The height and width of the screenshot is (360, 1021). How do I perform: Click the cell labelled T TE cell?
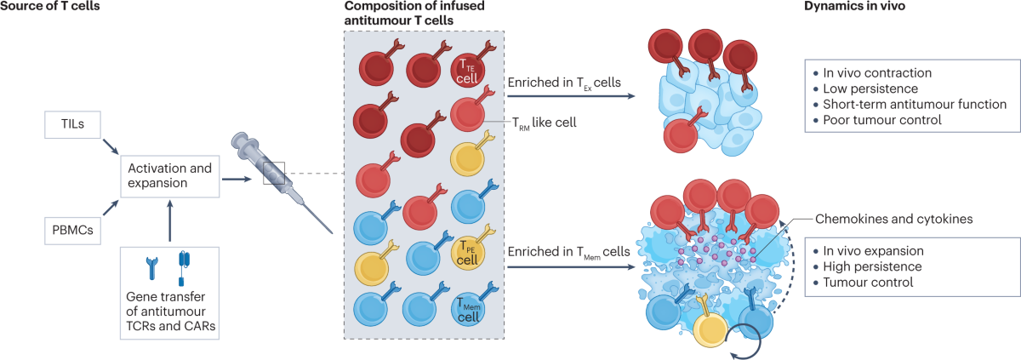(x=469, y=70)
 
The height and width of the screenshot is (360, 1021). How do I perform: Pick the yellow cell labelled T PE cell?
(x=469, y=253)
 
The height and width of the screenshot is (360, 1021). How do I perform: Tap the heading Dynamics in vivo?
(x=860, y=8)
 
